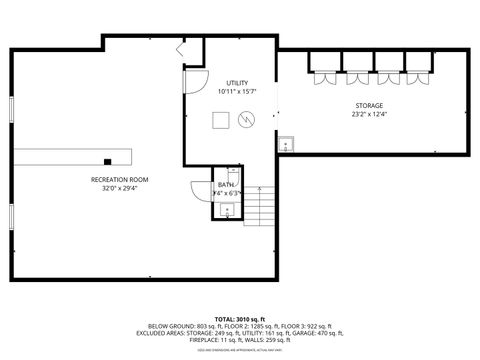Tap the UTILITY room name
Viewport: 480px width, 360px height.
[237, 83]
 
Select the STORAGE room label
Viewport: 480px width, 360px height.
[369, 105]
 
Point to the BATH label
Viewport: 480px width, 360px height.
[226, 184]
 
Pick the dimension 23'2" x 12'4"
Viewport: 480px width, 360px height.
[369, 114]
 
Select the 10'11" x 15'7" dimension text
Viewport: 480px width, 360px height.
[237, 92]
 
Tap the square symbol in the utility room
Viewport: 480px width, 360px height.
[220, 120]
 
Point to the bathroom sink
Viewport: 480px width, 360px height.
[227, 210]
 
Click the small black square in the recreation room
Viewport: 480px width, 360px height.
[106, 160]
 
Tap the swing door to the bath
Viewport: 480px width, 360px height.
[197, 190]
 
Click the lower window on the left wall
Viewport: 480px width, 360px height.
[10, 214]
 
